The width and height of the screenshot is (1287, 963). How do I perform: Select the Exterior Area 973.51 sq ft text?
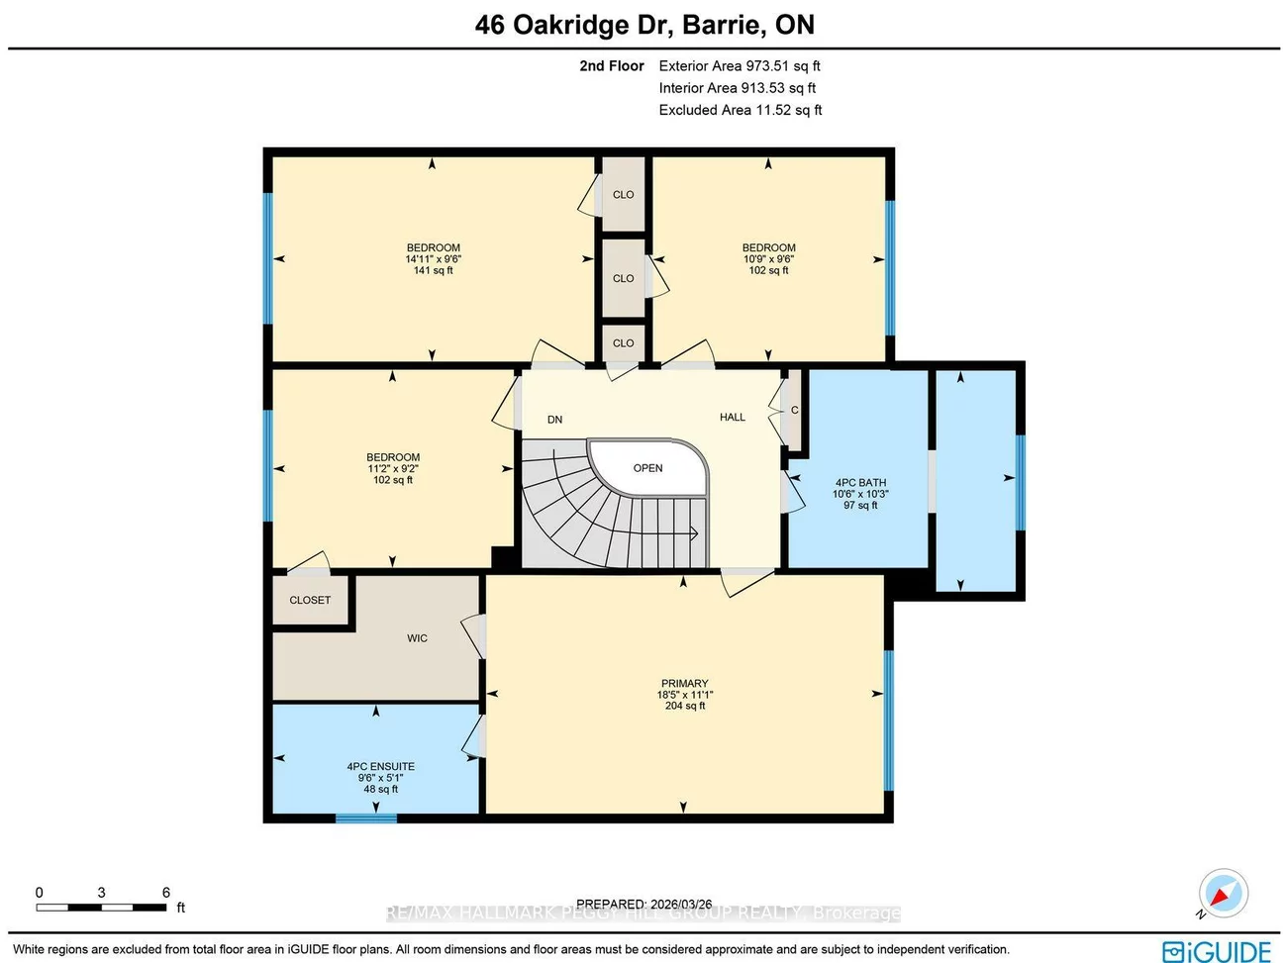(x=740, y=66)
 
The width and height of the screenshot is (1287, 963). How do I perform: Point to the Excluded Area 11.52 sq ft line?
(x=741, y=110)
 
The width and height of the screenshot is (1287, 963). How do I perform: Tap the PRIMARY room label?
(x=684, y=684)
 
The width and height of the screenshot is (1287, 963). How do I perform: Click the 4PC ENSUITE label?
(x=380, y=766)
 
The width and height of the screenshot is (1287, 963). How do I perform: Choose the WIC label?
(x=417, y=638)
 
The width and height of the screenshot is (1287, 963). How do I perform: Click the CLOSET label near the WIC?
(x=310, y=600)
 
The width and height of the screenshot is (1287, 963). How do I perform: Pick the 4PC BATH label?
(x=860, y=483)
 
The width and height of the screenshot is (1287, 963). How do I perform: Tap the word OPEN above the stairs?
(x=647, y=468)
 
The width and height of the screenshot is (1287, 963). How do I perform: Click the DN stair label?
(x=554, y=420)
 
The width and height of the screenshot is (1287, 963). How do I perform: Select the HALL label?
(x=733, y=418)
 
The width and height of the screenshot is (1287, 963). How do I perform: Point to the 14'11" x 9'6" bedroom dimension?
(x=433, y=259)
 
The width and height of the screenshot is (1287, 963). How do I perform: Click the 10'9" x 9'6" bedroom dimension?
(x=768, y=259)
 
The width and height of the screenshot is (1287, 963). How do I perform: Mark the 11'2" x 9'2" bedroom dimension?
(x=393, y=469)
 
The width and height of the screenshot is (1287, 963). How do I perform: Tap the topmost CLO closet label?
(x=623, y=195)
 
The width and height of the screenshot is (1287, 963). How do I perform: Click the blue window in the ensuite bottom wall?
(x=366, y=818)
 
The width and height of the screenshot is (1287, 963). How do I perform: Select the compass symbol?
(x=1224, y=894)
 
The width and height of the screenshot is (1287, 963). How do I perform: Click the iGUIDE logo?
(x=1217, y=951)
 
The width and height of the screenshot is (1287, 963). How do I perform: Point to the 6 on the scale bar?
(x=166, y=893)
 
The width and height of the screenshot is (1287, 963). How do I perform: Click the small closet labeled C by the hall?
(x=794, y=410)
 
